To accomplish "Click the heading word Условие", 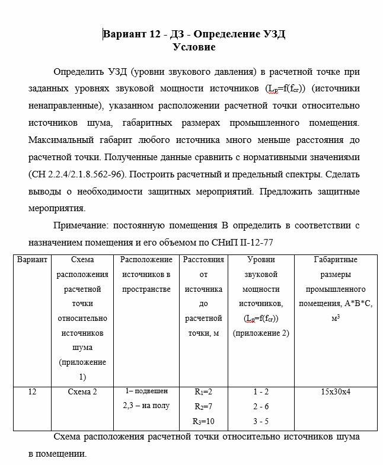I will [194, 46].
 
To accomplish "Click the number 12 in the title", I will [155, 34].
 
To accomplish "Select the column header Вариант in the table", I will [32, 260].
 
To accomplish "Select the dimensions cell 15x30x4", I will [335, 392].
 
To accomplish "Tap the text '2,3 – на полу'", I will [146, 406].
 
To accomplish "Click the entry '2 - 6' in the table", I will [261, 406].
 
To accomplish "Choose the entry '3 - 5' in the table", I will [261, 421].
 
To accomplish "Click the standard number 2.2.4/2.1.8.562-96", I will [77, 175].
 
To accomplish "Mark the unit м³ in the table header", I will [335, 318].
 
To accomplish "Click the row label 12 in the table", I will [32, 392].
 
